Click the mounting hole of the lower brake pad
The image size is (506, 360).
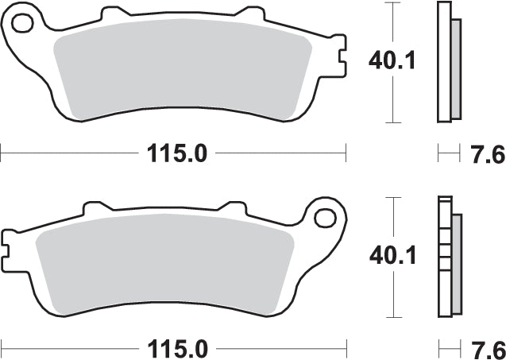(x=325, y=217)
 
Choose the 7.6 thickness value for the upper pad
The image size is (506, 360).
(x=486, y=154)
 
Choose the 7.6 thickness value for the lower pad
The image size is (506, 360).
(x=486, y=348)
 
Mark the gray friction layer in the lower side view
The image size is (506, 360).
(x=457, y=262)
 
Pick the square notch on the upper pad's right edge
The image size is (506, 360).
(x=339, y=60)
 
